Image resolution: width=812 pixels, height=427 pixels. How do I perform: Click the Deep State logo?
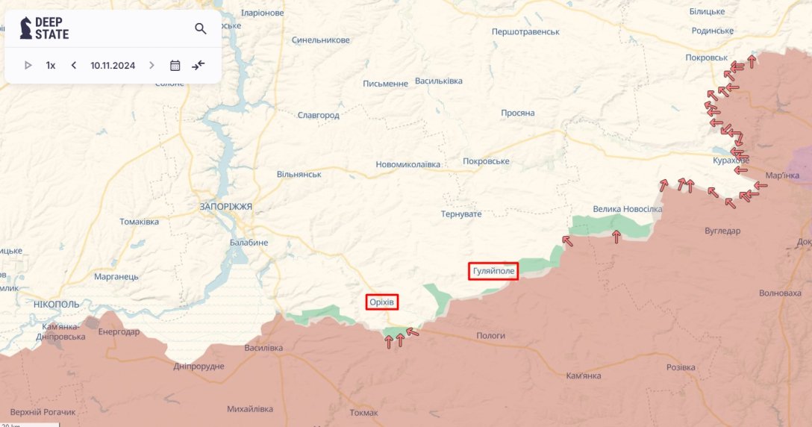click(44, 28)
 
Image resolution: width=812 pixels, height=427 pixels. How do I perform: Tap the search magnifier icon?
click(201, 28)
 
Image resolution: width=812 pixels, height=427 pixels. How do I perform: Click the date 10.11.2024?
click(113, 65)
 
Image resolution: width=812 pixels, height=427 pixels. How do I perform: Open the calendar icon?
click(175, 65)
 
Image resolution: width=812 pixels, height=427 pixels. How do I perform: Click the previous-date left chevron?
click(74, 65)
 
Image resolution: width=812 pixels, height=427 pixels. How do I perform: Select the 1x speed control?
click(51, 65)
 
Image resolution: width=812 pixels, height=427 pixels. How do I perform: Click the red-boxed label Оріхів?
click(382, 302)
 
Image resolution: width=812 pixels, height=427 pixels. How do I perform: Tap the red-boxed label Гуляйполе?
click(493, 271)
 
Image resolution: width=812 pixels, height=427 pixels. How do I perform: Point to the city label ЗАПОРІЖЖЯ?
click(226, 206)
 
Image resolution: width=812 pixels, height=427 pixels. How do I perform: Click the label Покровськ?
click(706, 57)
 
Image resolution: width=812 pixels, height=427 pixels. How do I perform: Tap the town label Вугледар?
click(722, 231)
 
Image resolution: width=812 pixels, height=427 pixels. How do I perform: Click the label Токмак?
click(363, 413)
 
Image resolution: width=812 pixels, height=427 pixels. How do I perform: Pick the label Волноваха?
click(779, 293)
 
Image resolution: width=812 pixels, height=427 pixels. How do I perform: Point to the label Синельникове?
click(321, 40)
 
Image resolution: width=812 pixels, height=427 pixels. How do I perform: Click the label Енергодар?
click(119, 332)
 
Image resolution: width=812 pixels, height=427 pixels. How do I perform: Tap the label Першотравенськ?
click(525, 32)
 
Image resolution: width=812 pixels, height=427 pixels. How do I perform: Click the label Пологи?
click(491, 335)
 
